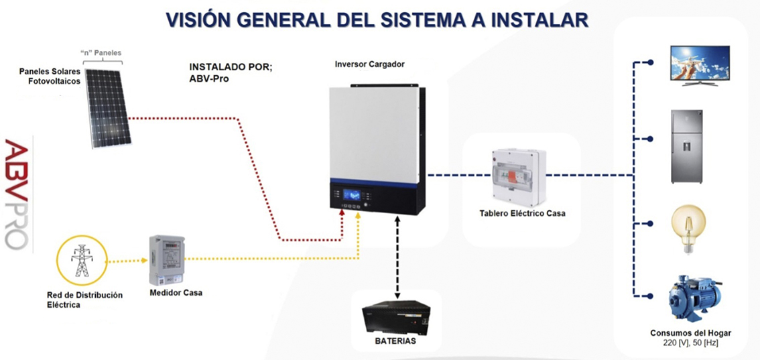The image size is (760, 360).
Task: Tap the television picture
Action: coord(700,65)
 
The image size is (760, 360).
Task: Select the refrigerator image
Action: coord(686,147)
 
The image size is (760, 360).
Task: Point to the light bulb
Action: coord(687,229)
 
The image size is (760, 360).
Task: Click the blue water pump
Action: coord(693,302)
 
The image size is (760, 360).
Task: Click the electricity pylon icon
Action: coord(82,260)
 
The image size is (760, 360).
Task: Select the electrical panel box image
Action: coord(518,176)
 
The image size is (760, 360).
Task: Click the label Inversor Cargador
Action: coord(369,64)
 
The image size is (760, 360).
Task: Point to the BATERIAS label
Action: coord(395,341)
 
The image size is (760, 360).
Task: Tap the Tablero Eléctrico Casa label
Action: coord(522,213)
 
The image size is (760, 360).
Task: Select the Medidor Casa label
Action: coord(176,293)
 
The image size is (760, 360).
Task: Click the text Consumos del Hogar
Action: coord(690,333)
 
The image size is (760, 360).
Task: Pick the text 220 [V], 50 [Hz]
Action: coord(690,343)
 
